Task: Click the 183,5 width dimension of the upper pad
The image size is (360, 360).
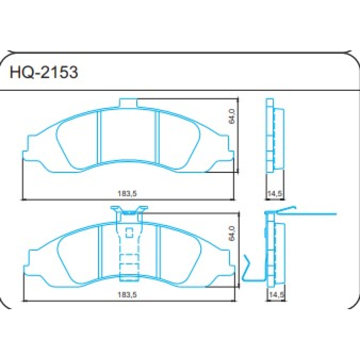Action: (x=127, y=194)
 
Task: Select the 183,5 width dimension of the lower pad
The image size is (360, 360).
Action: (x=127, y=295)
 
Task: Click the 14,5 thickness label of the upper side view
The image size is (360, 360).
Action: (x=274, y=194)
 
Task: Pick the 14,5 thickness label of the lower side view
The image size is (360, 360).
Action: (x=274, y=295)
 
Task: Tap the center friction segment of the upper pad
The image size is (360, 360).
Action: (x=128, y=135)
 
